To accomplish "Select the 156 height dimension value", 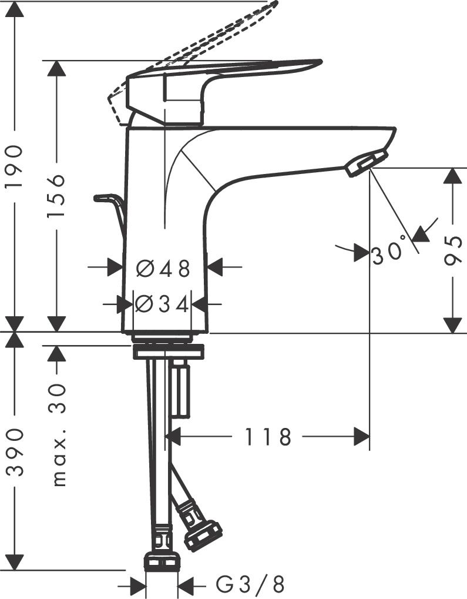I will [56, 196].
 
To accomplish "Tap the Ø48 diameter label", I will [164, 269].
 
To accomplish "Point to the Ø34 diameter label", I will [162, 304].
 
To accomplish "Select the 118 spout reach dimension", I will [268, 437].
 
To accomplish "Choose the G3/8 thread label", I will [250, 584].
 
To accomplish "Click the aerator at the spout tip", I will [367, 163].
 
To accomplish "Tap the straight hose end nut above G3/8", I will [162, 560].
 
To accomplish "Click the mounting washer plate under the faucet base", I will [169, 353].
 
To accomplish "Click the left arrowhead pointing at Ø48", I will [115, 268].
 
